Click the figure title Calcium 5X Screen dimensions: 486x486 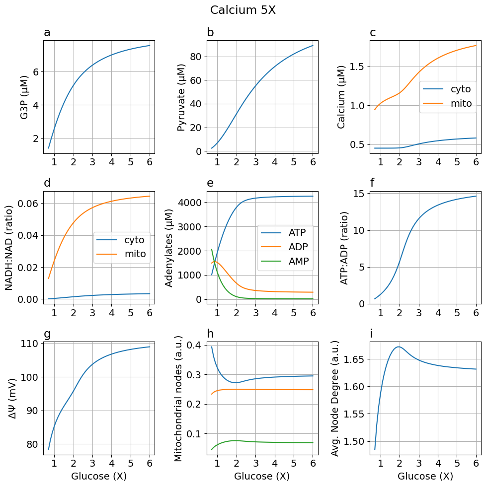coord(243,10)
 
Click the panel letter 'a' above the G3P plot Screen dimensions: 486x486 coord(47,33)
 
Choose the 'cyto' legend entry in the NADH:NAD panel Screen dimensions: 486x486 coord(134,240)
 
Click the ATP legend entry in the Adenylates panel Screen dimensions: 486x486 coord(297,232)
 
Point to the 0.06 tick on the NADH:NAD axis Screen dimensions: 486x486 coord(28,204)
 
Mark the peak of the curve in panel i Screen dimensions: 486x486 coord(399,347)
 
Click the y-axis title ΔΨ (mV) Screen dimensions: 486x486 coord(13,398)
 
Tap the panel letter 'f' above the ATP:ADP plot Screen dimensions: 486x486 coord(373,183)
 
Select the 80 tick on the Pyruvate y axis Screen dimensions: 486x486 coord(196,57)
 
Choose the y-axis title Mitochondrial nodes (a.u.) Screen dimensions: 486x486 coord(179,398)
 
